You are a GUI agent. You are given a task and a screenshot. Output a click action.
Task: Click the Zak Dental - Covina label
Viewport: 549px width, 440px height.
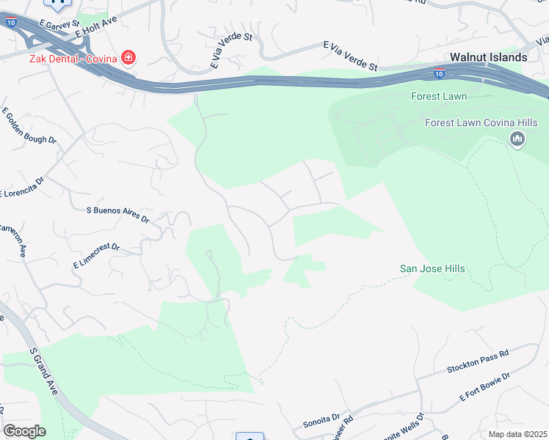click(x=73, y=57)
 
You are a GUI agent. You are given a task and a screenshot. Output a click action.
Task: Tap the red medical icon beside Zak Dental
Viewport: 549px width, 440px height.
click(x=128, y=57)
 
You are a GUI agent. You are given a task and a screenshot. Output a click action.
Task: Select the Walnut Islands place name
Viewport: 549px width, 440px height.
click(x=488, y=57)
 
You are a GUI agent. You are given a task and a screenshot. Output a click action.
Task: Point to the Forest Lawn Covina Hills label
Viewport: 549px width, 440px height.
click(x=481, y=122)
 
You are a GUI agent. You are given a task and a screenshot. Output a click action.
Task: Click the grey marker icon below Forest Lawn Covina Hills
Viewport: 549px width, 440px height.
click(x=517, y=139)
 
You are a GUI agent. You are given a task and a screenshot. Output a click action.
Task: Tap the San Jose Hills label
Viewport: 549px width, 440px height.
click(x=432, y=269)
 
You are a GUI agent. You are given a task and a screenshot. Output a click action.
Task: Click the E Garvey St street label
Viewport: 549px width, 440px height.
click(x=60, y=24)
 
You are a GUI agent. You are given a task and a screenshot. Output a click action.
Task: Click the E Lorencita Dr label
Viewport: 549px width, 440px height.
click(x=22, y=187)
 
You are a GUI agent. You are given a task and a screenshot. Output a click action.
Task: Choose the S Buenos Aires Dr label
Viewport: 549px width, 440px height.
click(x=117, y=214)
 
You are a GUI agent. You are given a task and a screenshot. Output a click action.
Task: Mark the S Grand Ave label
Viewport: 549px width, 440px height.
click(x=44, y=370)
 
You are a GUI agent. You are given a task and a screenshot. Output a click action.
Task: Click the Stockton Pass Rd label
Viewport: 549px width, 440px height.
click(x=477, y=362)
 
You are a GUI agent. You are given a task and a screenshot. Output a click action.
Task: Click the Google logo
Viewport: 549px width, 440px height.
click(x=24, y=431)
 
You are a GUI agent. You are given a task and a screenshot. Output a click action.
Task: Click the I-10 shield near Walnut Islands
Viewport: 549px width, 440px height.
click(x=438, y=73)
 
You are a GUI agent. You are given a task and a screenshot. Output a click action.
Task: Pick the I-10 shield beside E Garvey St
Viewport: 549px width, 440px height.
click(x=10, y=23)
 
